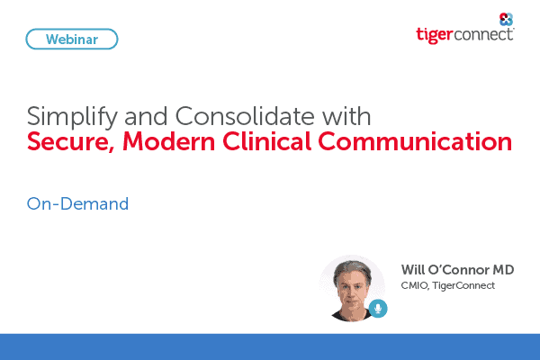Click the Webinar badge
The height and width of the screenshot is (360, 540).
coord(73,39)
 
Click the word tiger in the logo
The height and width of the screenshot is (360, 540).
coord(436,34)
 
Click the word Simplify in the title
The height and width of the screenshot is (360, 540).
coord(65,118)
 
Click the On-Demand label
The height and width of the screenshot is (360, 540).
coord(77,203)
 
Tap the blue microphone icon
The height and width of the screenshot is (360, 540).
coord(378,309)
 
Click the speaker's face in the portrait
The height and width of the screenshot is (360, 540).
coord(349,290)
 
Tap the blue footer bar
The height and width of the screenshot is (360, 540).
coord(270,346)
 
